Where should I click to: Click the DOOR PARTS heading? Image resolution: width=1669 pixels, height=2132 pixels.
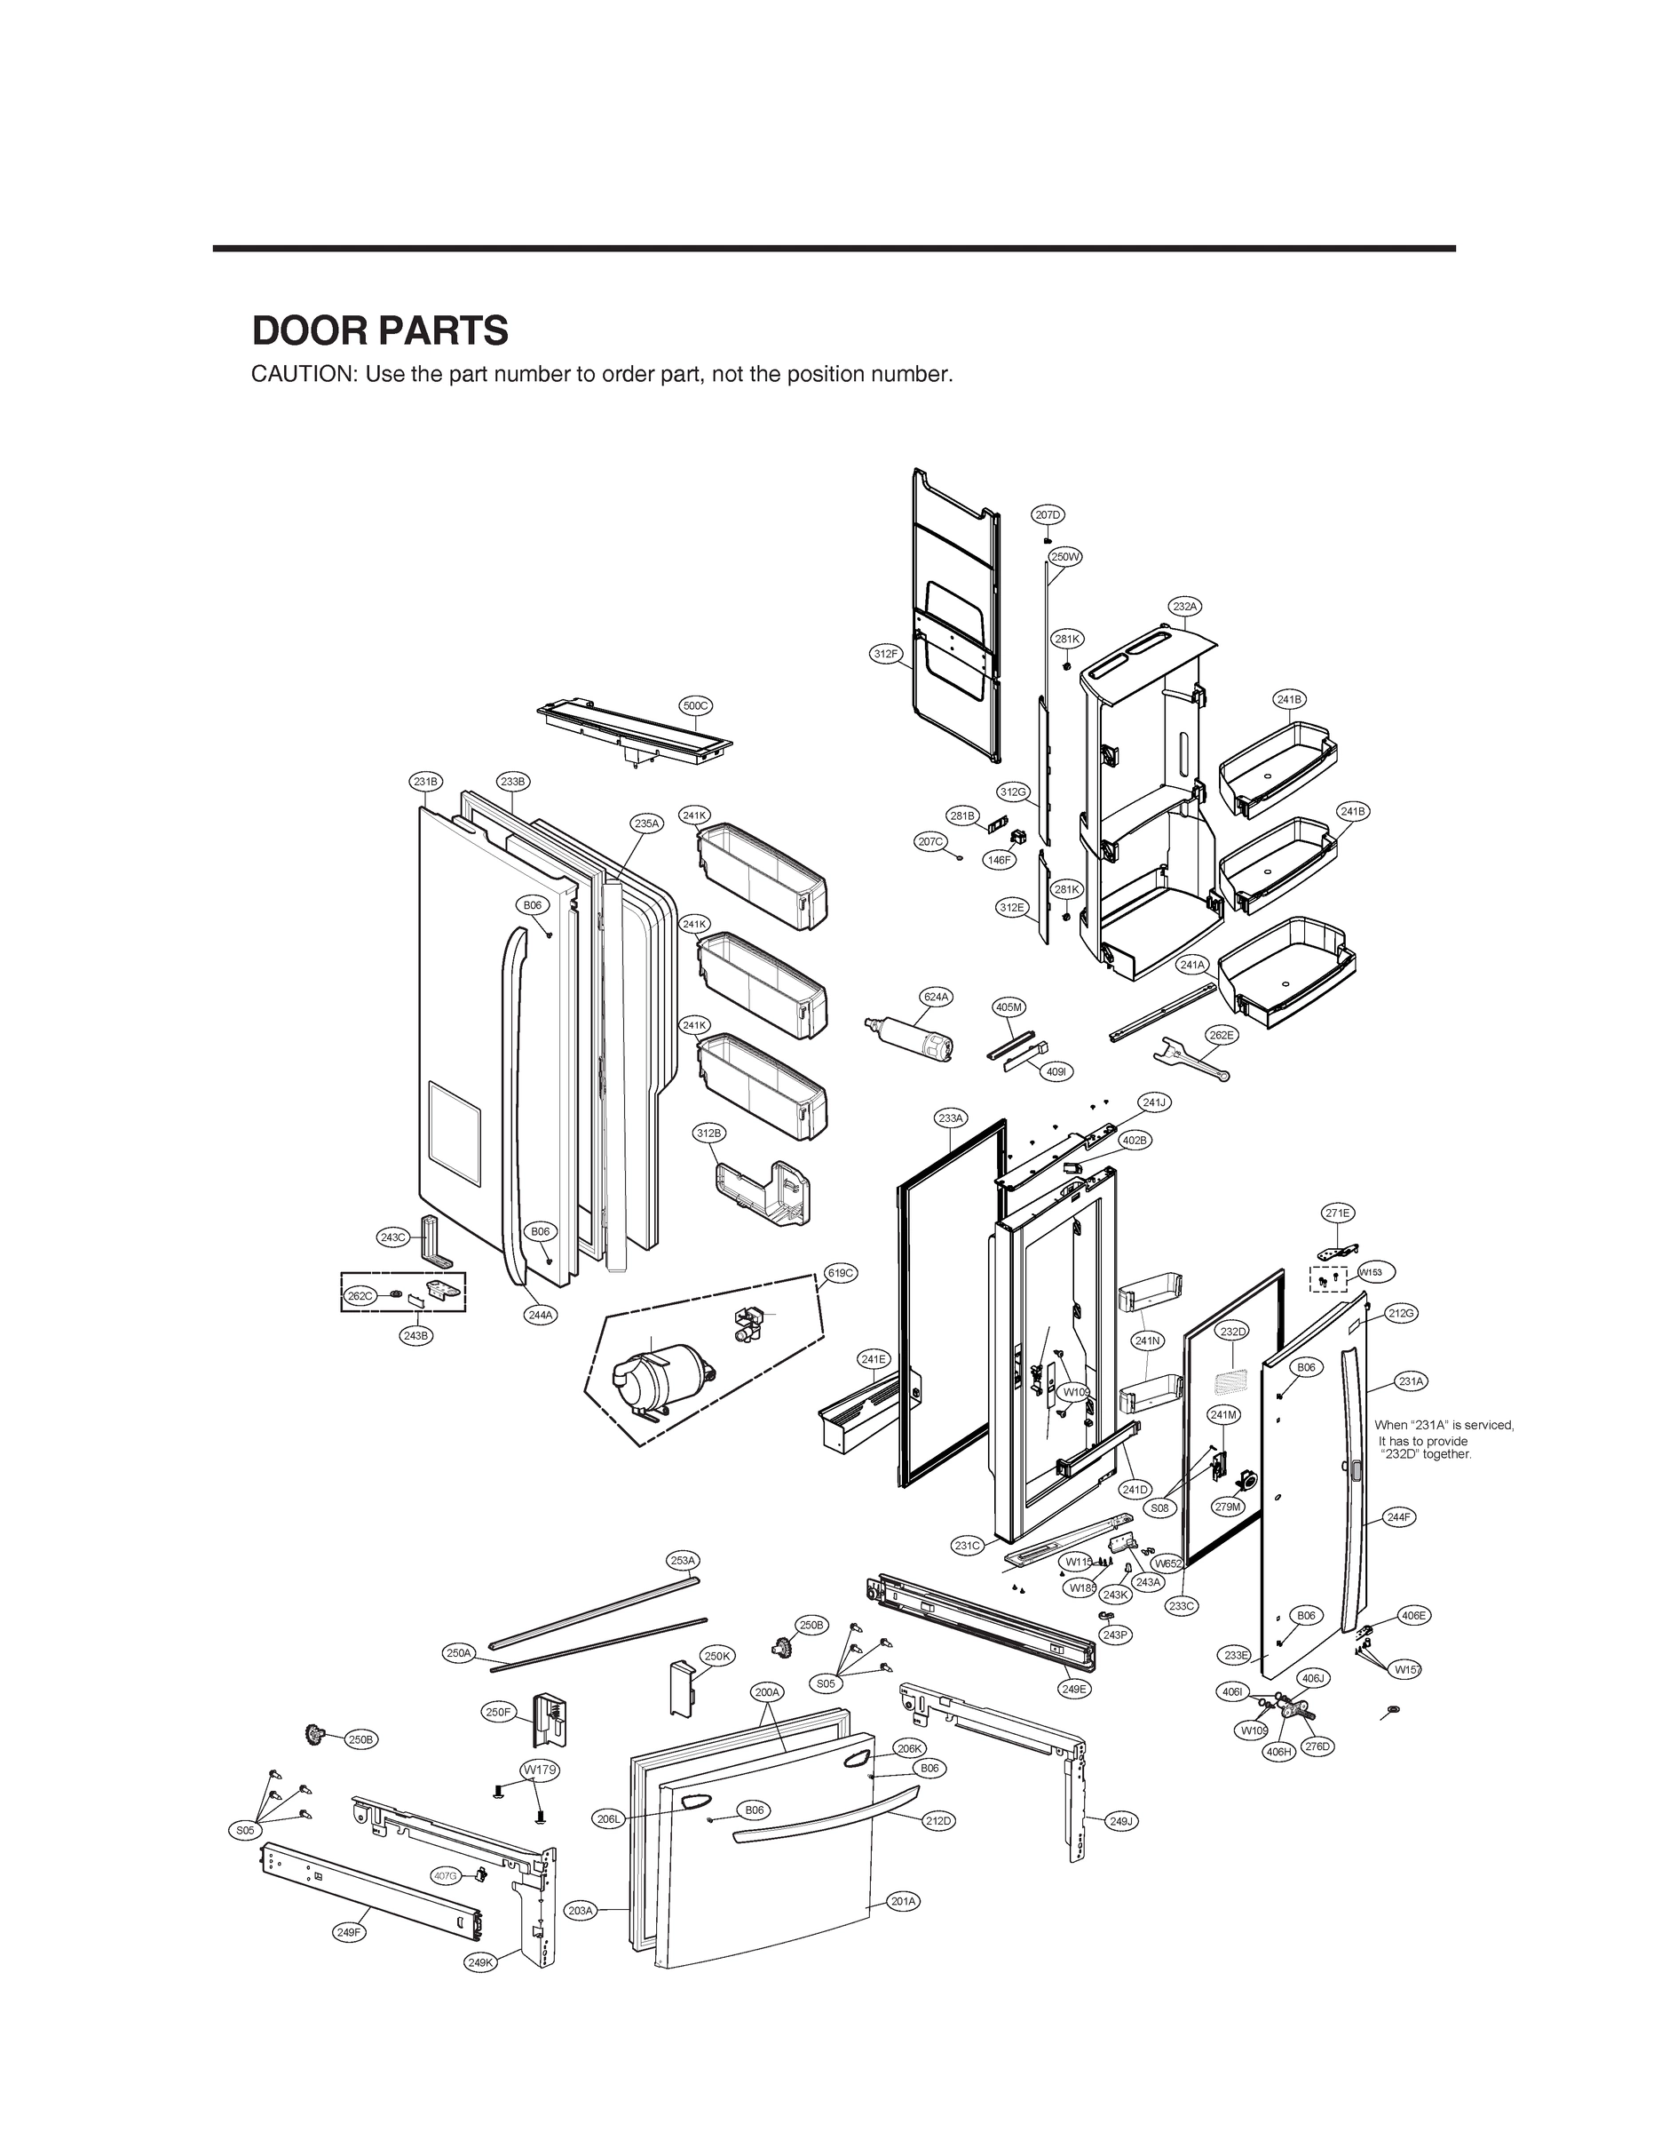click(380, 331)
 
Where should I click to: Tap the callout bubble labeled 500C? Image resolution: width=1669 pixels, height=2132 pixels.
click(695, 704)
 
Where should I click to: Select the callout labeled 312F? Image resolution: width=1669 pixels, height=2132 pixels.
click(886, 653)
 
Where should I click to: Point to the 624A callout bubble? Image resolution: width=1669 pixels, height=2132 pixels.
click(936, 996)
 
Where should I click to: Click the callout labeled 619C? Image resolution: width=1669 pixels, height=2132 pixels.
click(841, 1273)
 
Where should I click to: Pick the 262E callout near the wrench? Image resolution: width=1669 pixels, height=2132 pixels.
click(1221, 1035)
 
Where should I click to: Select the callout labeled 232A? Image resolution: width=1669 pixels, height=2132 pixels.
click(1184, 606)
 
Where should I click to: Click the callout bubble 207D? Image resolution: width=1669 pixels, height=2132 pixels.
click(1048, 514)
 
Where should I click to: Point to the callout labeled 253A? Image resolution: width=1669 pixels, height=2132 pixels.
click(682, 1560)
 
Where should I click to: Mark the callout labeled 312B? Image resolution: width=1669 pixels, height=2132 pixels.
click(709, 1133)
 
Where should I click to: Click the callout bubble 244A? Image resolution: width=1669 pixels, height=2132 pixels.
click(541, 1315)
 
